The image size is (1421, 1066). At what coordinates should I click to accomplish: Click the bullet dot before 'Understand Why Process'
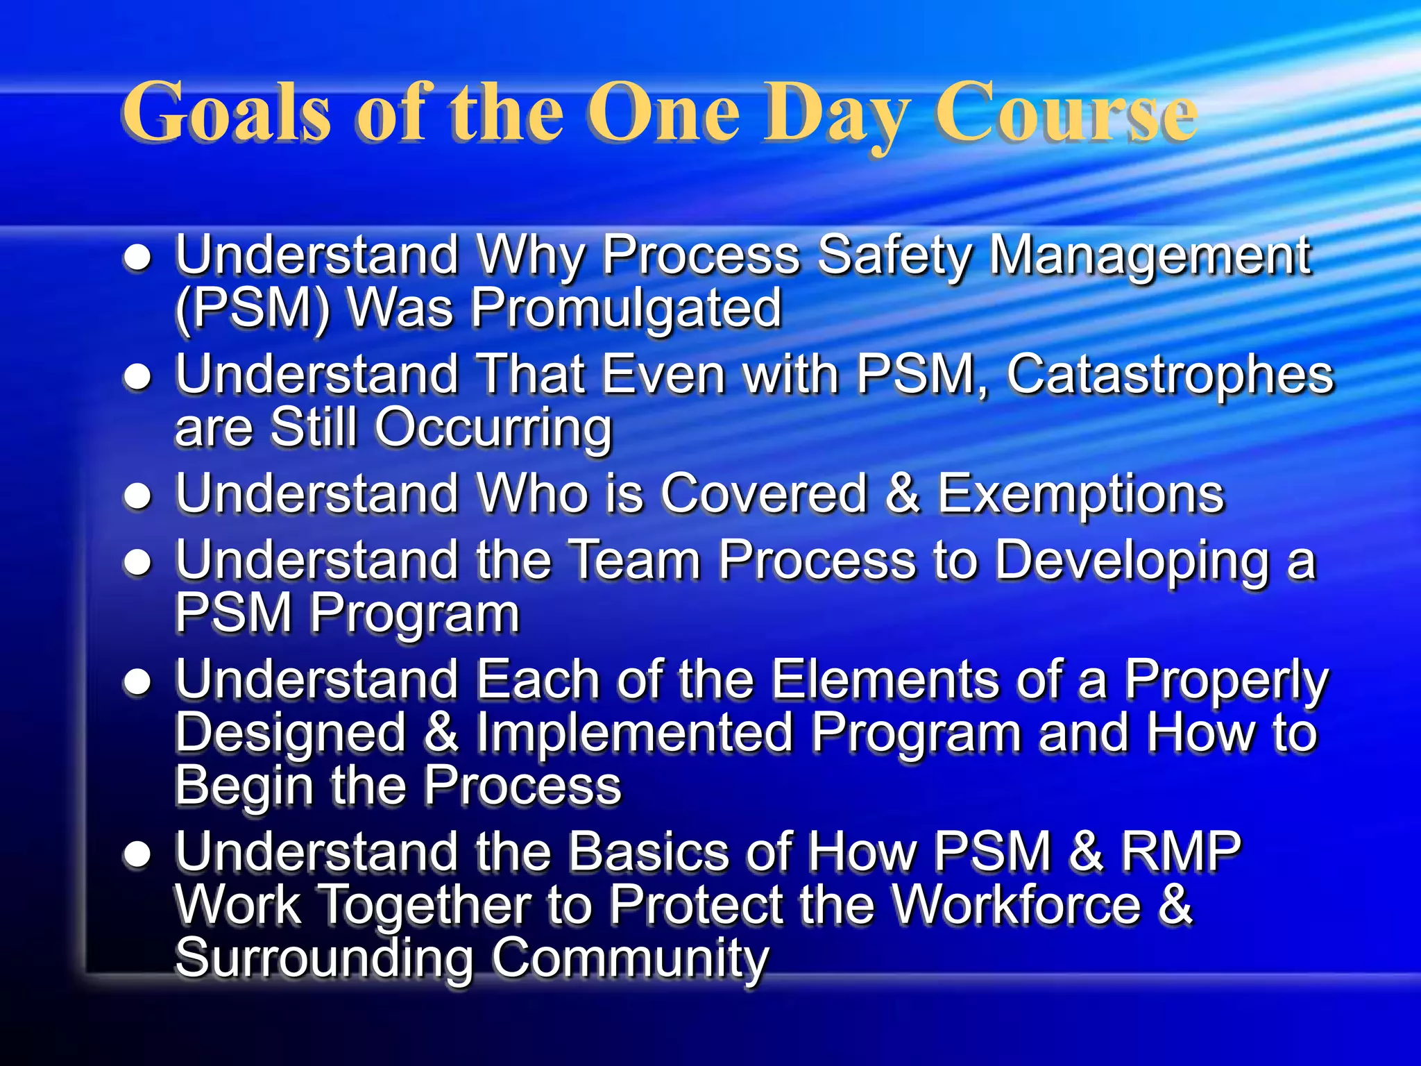click(x=137, y=258)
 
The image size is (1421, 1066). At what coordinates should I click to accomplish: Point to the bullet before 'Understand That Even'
click(x=137, y=377)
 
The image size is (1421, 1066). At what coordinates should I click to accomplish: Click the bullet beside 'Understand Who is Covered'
click(x=137, y=496)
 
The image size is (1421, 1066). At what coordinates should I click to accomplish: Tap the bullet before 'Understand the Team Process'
click(x=137, y=562)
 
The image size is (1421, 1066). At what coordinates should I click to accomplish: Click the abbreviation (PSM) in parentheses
click(x=253, y=309)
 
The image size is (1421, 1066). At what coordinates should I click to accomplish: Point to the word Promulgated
click(x=627, y=309)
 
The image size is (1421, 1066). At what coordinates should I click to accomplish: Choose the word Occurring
click(x=494, y=428)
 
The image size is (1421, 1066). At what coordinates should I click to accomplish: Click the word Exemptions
click(x=1081, y=494)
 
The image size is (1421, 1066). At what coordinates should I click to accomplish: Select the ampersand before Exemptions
click(x=903, y=494)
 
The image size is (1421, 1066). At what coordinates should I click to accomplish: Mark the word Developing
click(x=1132, y=561)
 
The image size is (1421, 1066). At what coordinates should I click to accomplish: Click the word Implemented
click(x=635, y=733)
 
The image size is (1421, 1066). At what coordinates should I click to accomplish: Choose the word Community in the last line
click(x=631, y=958)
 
